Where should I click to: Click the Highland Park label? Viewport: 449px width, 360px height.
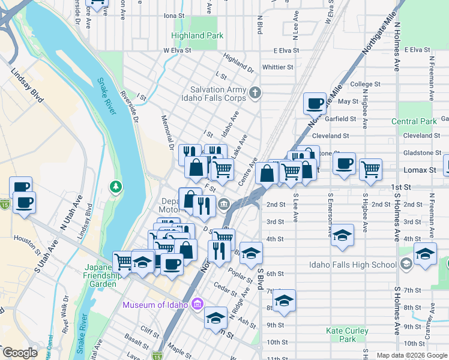coord(197,35)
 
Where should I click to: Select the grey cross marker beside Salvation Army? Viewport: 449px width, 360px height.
coord(255,92)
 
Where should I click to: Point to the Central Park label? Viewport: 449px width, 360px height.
coord(414,121)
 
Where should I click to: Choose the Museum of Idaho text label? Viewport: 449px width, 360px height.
coord(155,305)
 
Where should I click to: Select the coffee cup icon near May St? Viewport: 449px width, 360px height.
coord(315,103)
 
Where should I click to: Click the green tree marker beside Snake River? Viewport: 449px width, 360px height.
coord(115,187)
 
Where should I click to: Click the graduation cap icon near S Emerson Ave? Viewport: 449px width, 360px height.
coord(342,235)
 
